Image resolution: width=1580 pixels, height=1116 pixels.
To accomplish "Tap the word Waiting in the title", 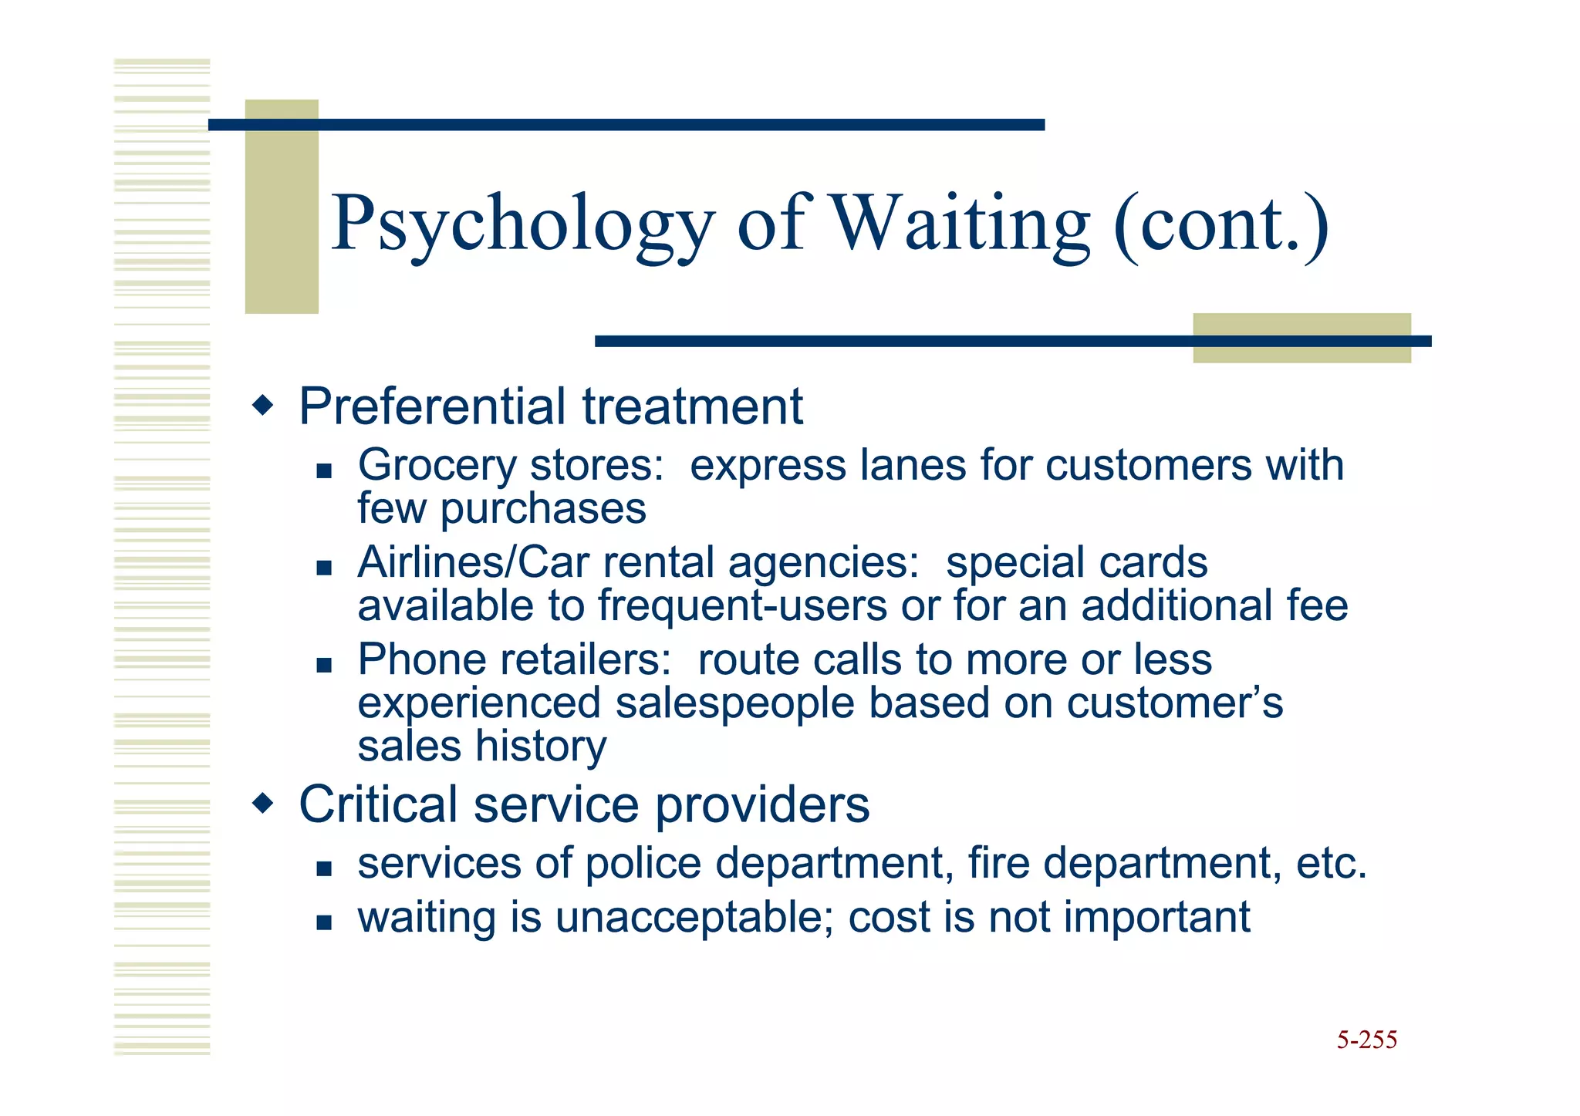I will [960, 224].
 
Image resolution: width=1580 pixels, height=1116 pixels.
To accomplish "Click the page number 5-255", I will [1366, 1040].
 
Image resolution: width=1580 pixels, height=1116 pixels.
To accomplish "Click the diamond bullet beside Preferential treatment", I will [263, 405].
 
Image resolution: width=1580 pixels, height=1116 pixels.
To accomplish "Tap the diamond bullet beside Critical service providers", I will [263, 804].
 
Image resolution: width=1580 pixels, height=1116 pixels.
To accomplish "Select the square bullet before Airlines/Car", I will [324, 568].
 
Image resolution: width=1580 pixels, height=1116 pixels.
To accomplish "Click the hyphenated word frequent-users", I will [742, 605].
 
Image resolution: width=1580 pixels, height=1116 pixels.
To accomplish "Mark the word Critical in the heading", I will [378, 804].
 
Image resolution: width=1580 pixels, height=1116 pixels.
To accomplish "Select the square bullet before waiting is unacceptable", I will [324, 922].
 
